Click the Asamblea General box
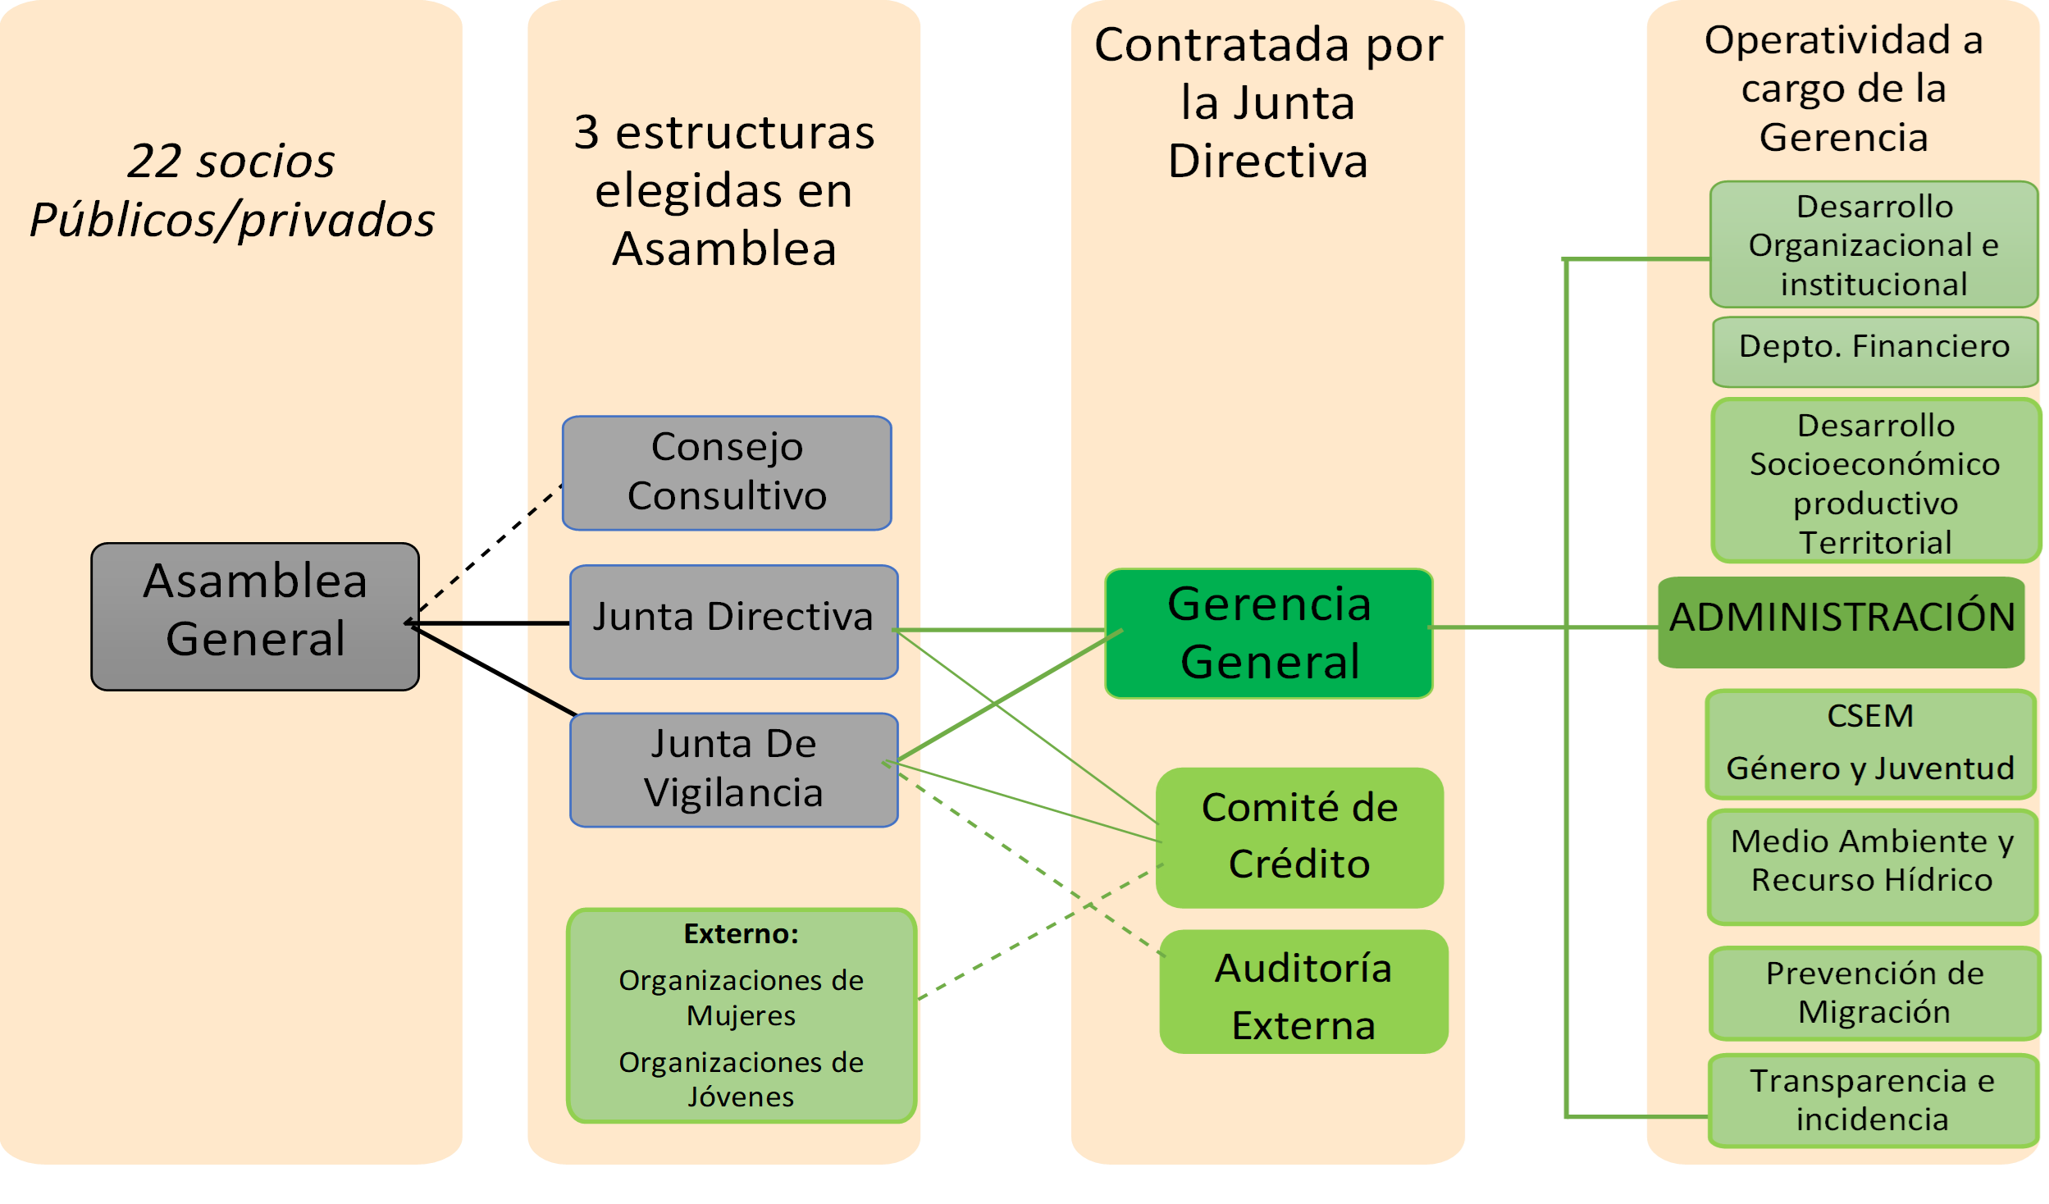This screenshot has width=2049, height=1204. coord(254,616)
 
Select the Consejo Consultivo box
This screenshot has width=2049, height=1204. coord(727,473)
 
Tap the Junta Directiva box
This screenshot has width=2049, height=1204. coord(733,621)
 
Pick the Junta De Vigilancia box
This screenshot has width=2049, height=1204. coord(733,769)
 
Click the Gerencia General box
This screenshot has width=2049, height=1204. coord(1268,633)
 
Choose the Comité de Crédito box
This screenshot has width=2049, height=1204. coord(1299,837)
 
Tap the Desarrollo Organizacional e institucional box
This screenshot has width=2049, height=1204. coord(1873,244)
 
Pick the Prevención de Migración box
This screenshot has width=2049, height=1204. coord(1874,992)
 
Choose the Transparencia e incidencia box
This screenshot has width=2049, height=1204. coord(1873,1100)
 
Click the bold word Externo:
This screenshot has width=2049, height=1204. coord(741,933)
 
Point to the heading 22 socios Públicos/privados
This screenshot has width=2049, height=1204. coord(232,190)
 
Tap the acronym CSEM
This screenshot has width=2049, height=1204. coord(1869,716)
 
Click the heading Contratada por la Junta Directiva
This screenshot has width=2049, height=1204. coord(1268,103)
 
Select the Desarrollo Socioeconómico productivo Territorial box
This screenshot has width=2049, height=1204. coord(1875,482)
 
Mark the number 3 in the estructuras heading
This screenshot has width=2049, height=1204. coord(586,133)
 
